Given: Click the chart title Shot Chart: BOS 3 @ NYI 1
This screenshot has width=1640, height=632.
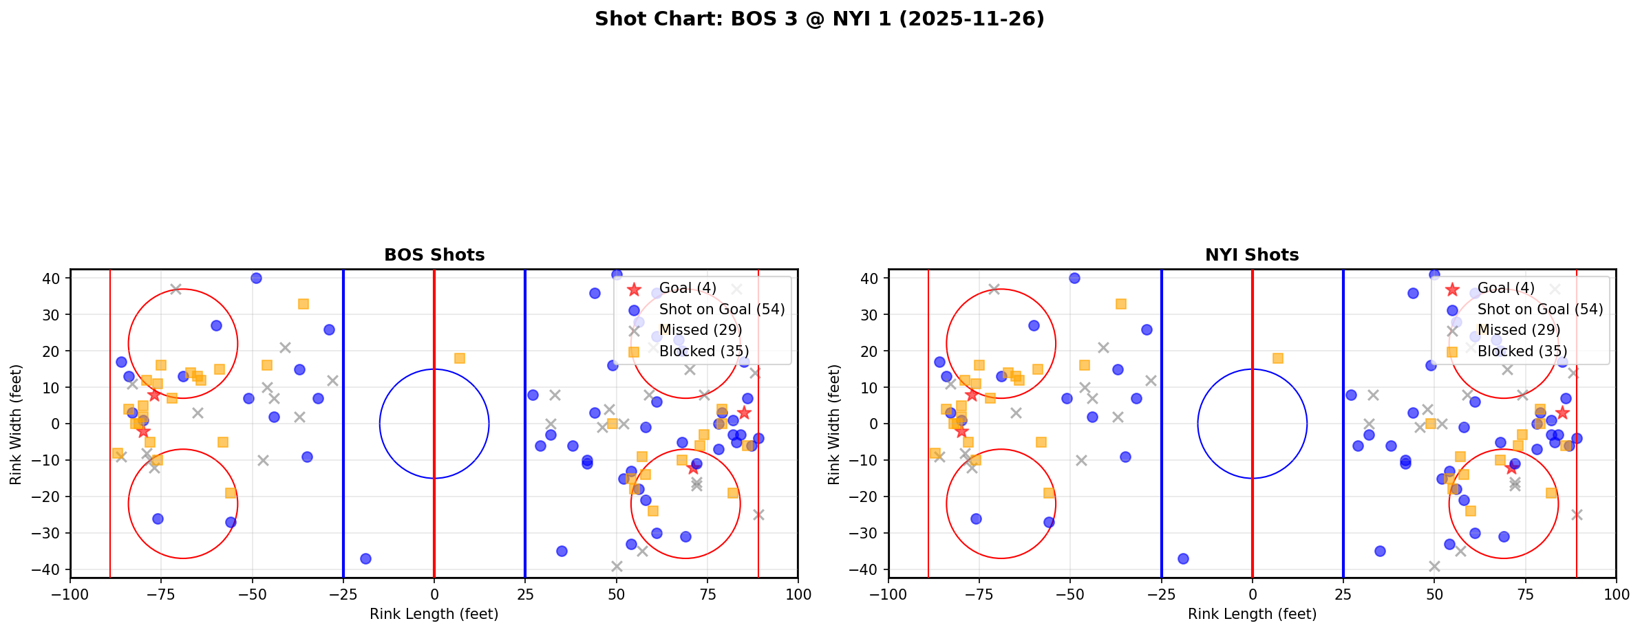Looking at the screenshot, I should (819, 19).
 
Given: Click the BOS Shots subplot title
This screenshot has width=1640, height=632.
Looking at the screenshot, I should (434, 255).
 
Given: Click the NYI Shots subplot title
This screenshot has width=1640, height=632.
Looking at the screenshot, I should (1252, 255).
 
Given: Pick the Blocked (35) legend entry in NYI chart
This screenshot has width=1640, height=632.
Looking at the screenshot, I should (1522, 351).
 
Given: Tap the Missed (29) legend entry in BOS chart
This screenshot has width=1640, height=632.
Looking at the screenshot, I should (700, 330).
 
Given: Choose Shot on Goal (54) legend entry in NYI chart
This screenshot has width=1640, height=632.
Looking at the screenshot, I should (1540, 309).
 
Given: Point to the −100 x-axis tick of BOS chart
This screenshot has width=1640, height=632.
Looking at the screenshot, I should (70, 593).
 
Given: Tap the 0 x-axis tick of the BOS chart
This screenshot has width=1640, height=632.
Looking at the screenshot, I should (434, 593).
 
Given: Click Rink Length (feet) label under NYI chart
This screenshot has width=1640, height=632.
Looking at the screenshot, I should (1252, 614).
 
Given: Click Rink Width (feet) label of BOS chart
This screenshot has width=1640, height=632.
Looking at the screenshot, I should (16, 424).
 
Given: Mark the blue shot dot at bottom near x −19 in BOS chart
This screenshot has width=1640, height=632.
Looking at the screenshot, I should (365, 558).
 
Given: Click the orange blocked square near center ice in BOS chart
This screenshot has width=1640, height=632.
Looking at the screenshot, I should (460, 358).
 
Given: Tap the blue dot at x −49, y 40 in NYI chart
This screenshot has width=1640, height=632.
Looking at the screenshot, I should (1074, 279).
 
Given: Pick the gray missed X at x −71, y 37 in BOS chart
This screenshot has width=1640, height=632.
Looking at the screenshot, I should (176, 290).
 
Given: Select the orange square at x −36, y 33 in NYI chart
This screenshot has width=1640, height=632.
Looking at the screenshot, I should (1121, 304).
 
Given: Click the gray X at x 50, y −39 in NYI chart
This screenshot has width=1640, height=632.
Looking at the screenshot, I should (1434, 566).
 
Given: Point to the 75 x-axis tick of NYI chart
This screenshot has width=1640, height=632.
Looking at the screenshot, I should (1525, 593).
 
